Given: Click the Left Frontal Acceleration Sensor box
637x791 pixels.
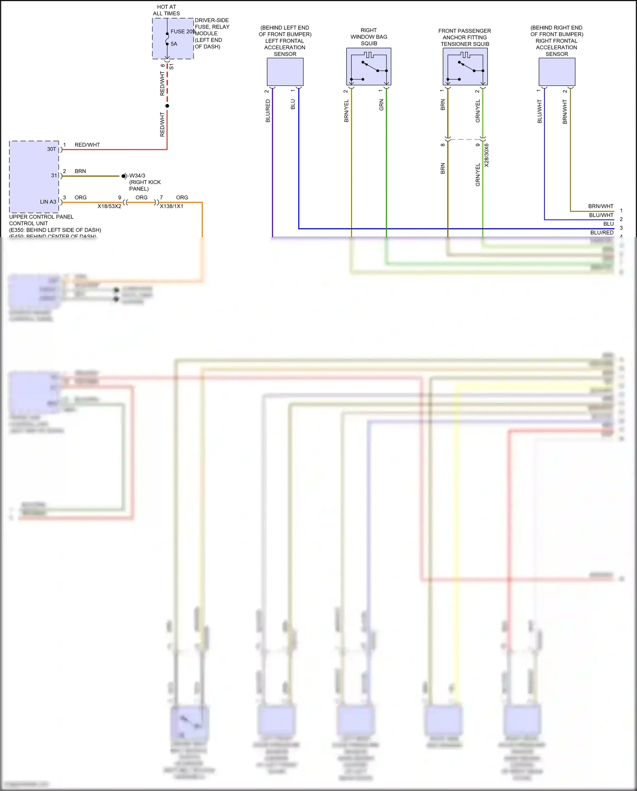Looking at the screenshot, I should click(285, 72).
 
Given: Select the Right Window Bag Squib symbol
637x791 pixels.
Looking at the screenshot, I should click(369, 67).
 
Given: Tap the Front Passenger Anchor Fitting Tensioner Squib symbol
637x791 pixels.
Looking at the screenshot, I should click(465, 67).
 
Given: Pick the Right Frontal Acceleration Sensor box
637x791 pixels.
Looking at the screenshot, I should click(557, 72).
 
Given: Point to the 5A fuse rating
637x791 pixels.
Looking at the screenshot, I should click(174, 44).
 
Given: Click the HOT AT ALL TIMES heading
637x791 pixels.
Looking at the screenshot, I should click(166, 10).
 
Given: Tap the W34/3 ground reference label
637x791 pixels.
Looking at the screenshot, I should click(137, 176).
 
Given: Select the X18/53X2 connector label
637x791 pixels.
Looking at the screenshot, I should click(109, 206).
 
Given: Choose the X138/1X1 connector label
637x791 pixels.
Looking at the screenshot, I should click(172, 206).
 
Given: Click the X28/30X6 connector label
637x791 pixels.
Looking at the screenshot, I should click(487, 155).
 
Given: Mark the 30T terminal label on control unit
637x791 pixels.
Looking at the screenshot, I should click(51, 149).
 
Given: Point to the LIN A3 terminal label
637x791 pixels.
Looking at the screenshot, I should click(48, 202).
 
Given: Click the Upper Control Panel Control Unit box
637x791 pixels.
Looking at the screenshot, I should click(34, 177).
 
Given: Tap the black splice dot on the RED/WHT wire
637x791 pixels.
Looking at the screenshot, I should click(167, 106).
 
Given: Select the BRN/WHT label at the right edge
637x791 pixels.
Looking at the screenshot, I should click(600, 206).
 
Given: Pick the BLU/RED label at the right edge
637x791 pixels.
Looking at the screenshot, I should click(602, 232).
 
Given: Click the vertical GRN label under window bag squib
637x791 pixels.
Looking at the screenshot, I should click(381, 105).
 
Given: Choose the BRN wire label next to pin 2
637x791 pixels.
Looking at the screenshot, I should click(80, 171).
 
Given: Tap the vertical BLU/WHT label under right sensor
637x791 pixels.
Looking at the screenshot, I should click(540, 111).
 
